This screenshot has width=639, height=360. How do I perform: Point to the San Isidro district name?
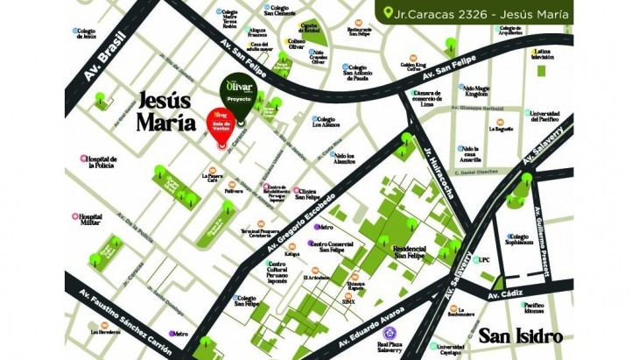point(520,335)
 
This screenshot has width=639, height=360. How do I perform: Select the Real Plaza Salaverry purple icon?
point(391,333)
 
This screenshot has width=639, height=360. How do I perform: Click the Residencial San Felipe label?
point(409,251)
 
